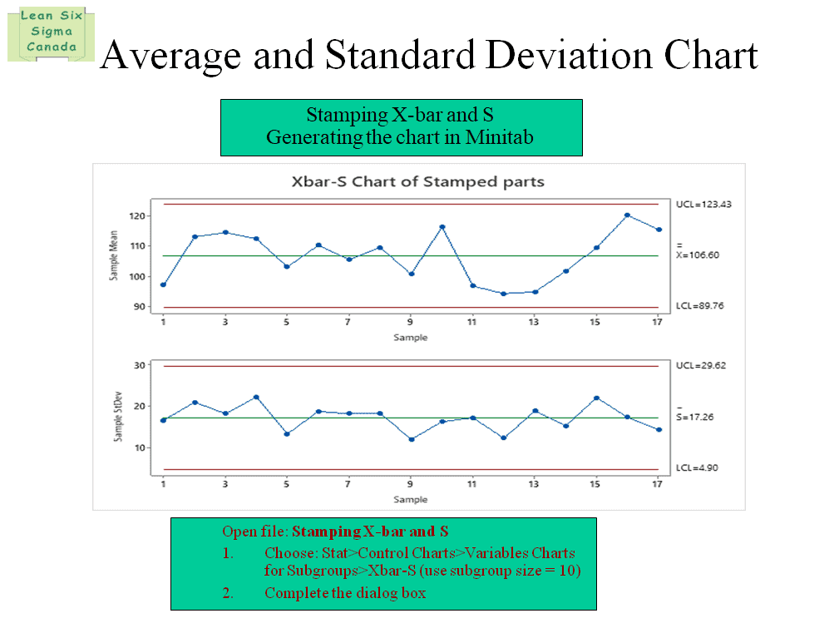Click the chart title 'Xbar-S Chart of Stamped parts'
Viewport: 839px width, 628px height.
click(417, 181)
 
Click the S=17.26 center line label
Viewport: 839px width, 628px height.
click(695, 418)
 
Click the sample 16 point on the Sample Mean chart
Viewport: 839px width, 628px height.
click(627, 215)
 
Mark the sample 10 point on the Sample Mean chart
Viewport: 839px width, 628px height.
click(442, 227)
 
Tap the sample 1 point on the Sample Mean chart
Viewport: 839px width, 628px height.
click(163, 284)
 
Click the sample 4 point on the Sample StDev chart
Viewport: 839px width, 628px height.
click(256, 398)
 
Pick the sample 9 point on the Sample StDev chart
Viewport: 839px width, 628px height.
click(412, 439)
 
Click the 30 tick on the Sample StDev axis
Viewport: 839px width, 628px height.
click(141, 365)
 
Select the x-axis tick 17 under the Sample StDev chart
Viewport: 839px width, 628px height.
click(658, 484)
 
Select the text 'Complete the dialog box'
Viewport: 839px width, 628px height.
click(345, 593)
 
